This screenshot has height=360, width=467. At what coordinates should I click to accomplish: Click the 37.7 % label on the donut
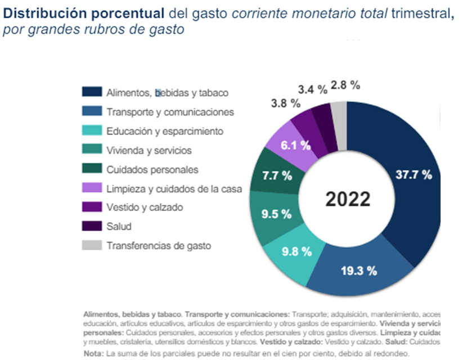(414, 174)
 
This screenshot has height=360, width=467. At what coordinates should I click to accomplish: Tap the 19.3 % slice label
(358, 271)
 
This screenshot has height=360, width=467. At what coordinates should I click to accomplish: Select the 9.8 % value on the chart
(297, 251)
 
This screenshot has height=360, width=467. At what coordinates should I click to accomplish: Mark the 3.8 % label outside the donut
(286, 103)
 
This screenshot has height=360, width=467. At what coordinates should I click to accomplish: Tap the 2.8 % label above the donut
(345, 85)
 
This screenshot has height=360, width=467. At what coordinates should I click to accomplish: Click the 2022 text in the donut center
(348, 199)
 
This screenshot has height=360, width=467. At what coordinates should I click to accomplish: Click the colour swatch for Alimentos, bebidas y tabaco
(92, 93)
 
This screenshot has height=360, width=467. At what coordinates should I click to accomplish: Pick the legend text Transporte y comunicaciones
(170, 112)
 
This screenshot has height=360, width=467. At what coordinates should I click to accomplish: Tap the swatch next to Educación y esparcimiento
(92, 130)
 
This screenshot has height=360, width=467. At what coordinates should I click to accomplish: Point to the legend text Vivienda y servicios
(149, 150)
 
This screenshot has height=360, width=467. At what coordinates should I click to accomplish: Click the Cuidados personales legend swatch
(92, 169)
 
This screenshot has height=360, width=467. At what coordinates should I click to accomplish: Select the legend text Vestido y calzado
(145, 208)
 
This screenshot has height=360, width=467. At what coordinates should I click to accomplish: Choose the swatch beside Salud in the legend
(92, 226)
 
